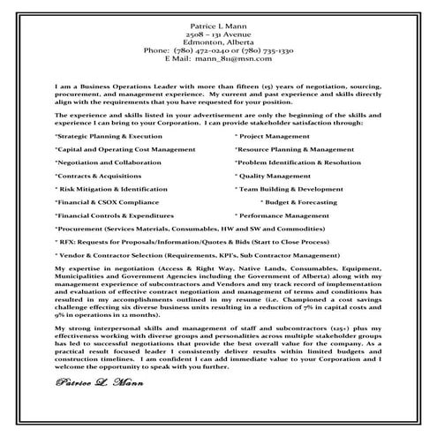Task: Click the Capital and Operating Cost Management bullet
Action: click(124, 150)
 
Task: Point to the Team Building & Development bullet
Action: click(289, 189)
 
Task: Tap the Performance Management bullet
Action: click(283, 215)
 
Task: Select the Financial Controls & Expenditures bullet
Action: click(115, 215)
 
